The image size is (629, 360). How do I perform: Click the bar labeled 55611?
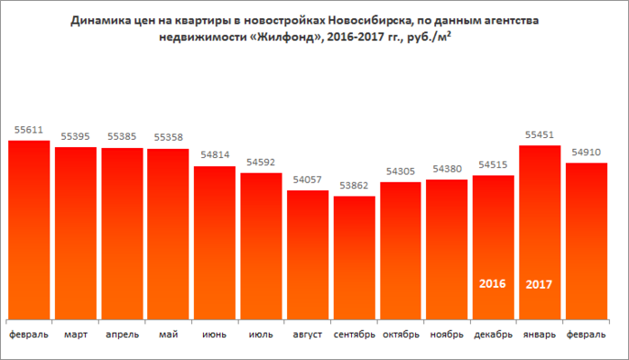[x=29, y=230]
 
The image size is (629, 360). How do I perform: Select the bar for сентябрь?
[x=354, y=257]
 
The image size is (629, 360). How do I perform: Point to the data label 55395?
[x=76, y=137]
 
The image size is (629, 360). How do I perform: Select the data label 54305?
[x=401, y=171]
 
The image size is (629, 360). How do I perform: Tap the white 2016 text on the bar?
[x=493, y=283]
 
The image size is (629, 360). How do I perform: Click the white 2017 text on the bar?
[x=540, y=283]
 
